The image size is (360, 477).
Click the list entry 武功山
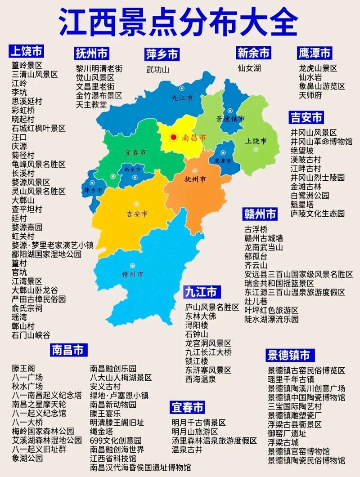pyautogui.click(x=157, y=69)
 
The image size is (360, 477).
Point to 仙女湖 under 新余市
pyautogui.click(x=249, y=68)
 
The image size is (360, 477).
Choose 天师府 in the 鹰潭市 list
pyautogui.click(x=310, y=95)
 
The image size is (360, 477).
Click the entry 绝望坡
pyautogui.click(x=302, y=151)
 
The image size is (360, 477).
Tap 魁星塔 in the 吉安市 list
pyautogui.click(x=302, y=205)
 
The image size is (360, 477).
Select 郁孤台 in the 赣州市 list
pyautogui.click(x=256, y=256)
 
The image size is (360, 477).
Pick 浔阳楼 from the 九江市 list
pyautogui.click(x=197, y=325)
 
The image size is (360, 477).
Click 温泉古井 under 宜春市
pyautogui.click(x=187, y=449)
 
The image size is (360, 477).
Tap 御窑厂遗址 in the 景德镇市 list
pyautogui.click(x=287, y=433)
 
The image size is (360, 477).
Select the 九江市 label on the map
pyautogui.click(x=182, y=98)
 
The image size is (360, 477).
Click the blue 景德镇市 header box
pyautogui.click(x=288, y=355)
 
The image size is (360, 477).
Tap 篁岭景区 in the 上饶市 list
pyautogui.click(x=27, y=65)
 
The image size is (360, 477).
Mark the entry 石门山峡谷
pyautogui.click(x=31, y=335)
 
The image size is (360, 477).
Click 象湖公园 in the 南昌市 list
pyautogui.click(x=27, y=458)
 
